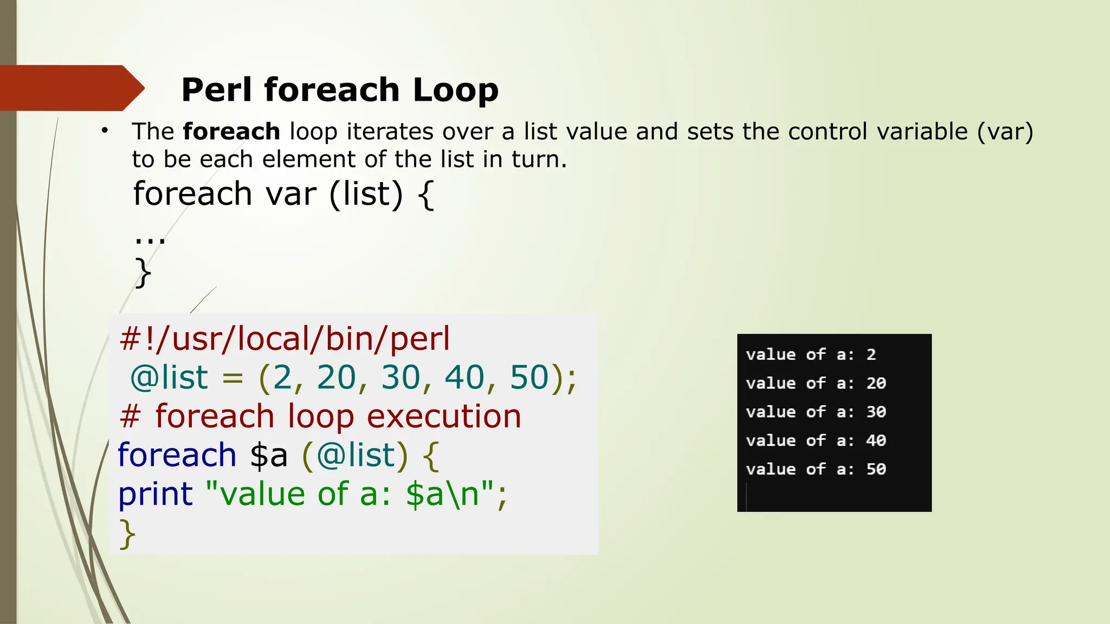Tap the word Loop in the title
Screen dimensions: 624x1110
coord(455,90)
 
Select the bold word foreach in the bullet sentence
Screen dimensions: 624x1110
coord(231,132)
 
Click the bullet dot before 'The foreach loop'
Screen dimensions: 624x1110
coord(105,131)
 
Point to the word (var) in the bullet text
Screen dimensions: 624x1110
coord(1005,132)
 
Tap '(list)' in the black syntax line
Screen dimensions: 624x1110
coord(366,194)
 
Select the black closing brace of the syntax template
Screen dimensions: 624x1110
coord(143,272)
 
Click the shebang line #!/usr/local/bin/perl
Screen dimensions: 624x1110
coord(285,339)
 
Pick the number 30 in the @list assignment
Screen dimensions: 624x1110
coord(401,377)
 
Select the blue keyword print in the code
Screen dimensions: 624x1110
coord(156,494)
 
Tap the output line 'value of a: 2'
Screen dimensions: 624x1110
coord(810,355)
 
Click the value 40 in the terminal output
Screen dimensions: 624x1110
coord(876,440)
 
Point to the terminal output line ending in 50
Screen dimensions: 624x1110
coord(815,469)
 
